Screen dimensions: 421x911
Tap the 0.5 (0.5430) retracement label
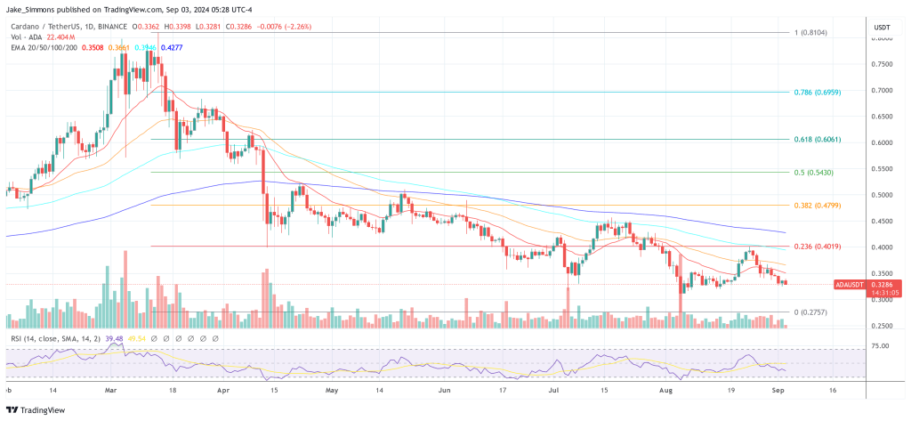point(811,172)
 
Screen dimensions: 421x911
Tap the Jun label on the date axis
point(445,390)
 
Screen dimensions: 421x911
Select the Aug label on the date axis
point(663,390)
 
